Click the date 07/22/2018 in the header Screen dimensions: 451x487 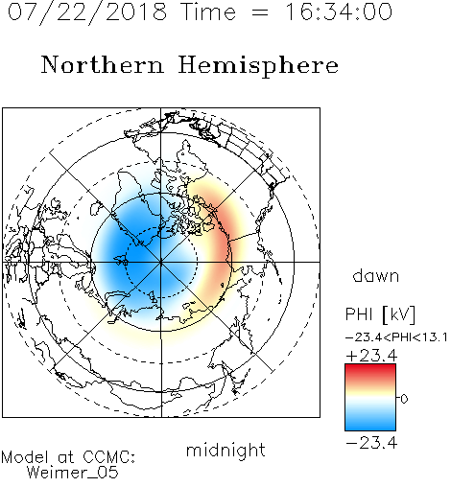tap(87, 12)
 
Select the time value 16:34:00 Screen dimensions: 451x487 tap(339, 12)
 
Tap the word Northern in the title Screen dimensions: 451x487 tap(103, 65)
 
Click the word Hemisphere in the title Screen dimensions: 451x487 tap(258, 65)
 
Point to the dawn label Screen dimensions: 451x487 tap(376, 275)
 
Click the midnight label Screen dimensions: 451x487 tap(225, 451)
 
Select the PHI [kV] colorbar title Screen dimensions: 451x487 tap(380, 314)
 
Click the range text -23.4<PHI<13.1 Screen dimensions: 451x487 tap(396, 337)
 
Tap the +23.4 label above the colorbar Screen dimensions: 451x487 tap(371, 356)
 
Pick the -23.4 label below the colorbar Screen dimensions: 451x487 tap(371, 443)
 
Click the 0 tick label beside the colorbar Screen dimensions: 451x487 tap(404, 399)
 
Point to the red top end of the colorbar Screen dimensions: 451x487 tap(370, 367)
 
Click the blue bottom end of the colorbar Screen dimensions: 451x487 tap(370, 428)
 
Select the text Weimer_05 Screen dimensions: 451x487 tap(73, 473)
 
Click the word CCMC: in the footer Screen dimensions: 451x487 tap(109, 457)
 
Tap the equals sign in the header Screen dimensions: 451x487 tap(260, 13)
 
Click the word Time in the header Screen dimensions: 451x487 tap(208, 12)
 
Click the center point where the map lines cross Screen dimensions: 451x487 tap(161, 263)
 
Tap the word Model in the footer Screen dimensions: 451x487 tap(25, 457)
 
